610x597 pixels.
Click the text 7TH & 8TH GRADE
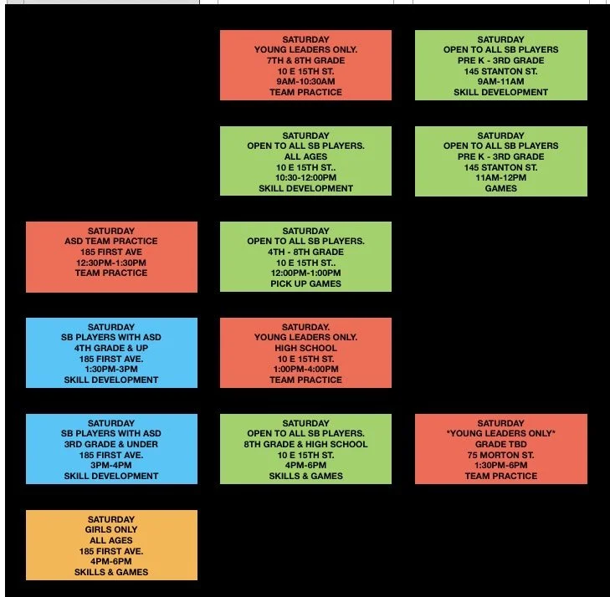click(x=305, y=60)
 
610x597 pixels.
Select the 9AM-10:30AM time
click(x=305, y=82)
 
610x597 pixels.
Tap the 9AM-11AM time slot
click(x=500, y=82)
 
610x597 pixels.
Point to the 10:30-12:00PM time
click(x=305, y=177)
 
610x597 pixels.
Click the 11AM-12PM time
click(x=500, y=177)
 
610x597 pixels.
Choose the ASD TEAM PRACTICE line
click(x=111, y=241)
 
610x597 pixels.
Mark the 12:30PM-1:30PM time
click(x=111, y=263)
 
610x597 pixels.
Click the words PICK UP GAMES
click(x=305, y=283)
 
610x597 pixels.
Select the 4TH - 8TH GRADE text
click(x=305, y=252)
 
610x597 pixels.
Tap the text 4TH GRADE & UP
click(x=111, y=348)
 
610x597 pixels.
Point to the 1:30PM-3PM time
click(x=111, y=369)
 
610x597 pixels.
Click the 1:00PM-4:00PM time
click(x=305, y=369)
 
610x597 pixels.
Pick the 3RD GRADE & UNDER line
click(x=111, y=444)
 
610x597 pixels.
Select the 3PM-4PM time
click(x=111, y=465)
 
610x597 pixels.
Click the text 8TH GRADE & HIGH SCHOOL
click(x=305, y=444)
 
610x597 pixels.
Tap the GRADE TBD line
click(x=500, y=444)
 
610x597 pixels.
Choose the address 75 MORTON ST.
click(x=500, y=455)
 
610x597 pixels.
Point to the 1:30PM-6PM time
click(x=500, y=465)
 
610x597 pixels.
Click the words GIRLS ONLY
click(x=111, y=529)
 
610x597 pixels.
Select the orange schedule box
click(x=111, y=545)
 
